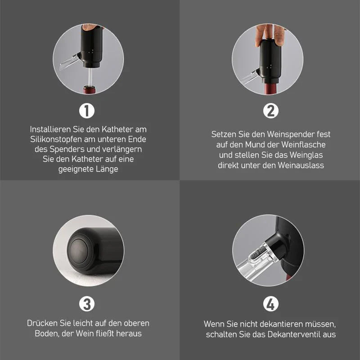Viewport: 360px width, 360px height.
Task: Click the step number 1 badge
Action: [87, 111]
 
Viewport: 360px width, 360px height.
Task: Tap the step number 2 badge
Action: [271, 111]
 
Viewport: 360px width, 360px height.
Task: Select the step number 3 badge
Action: [87, 304]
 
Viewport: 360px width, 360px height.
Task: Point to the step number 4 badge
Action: [271, 304]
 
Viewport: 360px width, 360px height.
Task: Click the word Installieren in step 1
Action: [50, 129]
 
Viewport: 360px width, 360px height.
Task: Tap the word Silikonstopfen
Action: [56, 139]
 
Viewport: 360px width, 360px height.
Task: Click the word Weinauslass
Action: [301, 165]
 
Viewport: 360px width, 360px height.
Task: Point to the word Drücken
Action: [42, 323]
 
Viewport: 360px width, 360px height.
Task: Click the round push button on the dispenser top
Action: [78, 251]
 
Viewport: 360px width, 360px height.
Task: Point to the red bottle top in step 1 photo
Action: [89, 90]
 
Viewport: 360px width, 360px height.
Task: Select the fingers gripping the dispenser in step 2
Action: [270, 35]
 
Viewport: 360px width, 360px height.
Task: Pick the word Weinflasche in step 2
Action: [303, 144]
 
